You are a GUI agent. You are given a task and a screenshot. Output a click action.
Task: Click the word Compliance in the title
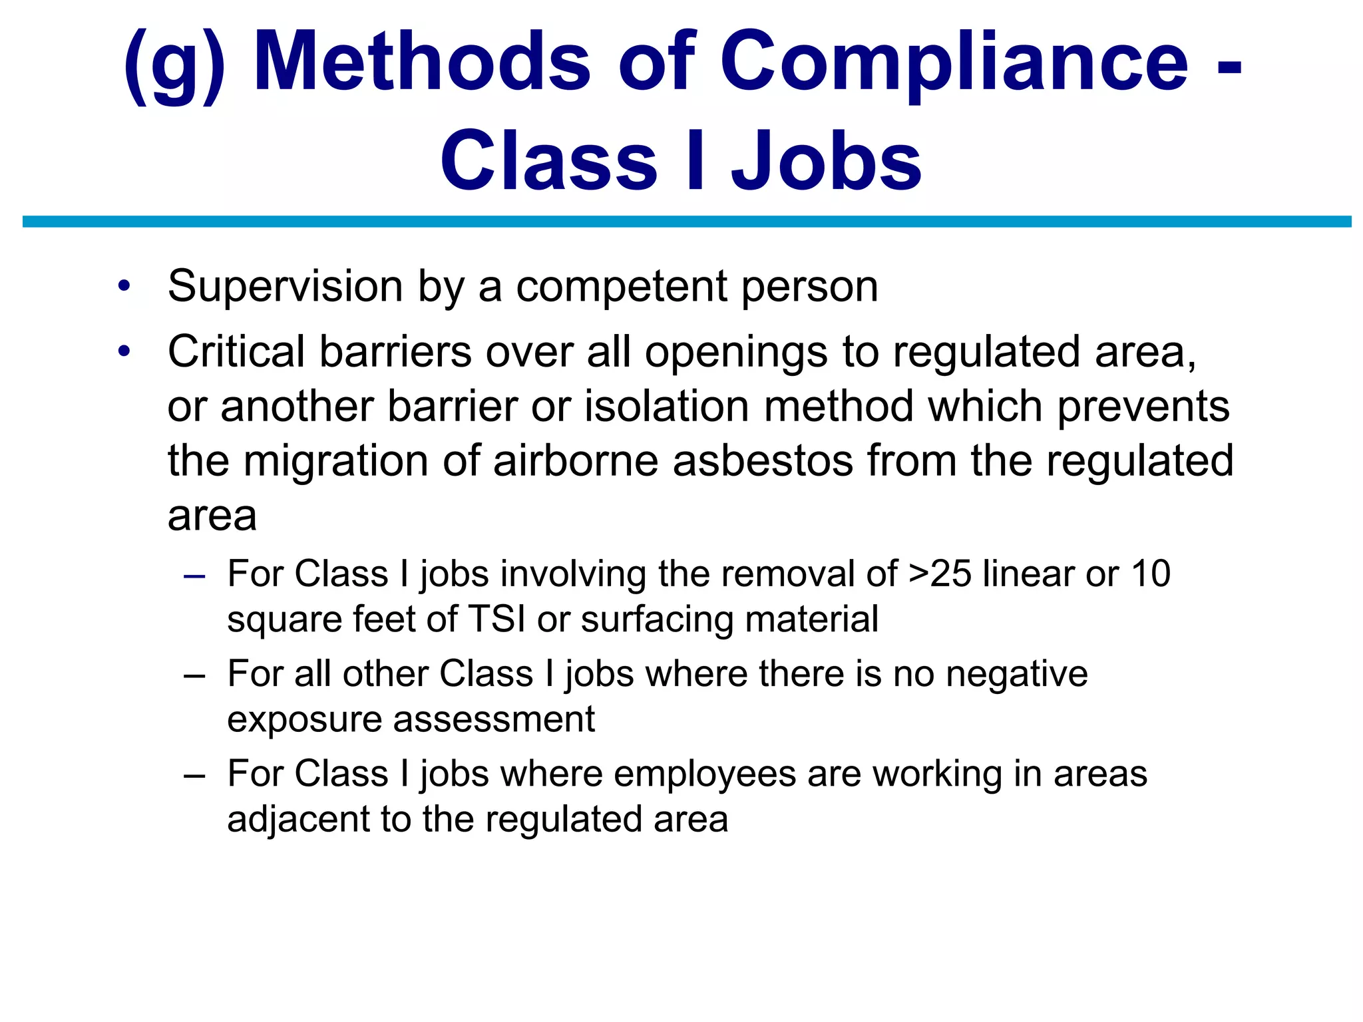coord(954,63)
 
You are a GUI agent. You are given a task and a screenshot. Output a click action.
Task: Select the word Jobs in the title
coord(827,162)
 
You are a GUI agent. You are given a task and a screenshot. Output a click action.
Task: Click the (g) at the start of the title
coord(174,63)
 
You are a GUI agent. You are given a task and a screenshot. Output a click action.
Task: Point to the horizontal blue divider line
coord(686,222)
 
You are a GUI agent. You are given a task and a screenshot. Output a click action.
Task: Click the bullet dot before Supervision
coord(124,287)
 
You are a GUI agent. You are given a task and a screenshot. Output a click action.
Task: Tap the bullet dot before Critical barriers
coord(124,351)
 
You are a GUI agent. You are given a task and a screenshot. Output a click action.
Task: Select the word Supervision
coord(286,287)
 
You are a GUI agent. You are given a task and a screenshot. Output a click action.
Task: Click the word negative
coord(1017,673)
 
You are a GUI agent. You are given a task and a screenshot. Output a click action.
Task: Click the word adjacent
coord(298,819)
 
